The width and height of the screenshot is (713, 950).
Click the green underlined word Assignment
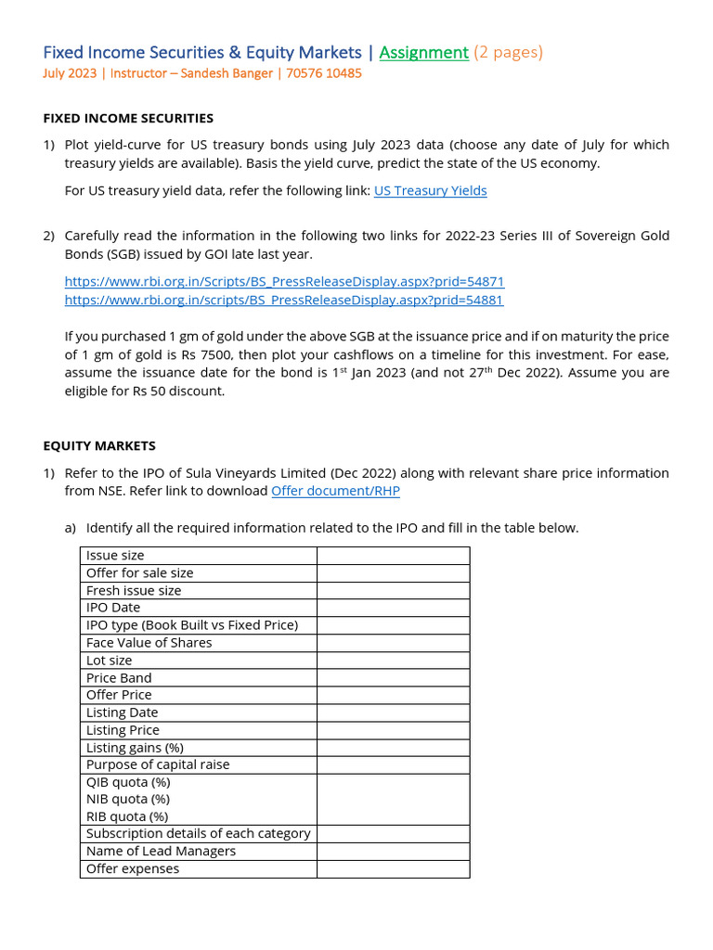pos(423,53)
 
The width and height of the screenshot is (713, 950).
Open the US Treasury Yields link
pos(430,190)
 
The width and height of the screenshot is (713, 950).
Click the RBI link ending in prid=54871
pos(284,281)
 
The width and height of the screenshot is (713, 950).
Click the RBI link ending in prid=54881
pos(284,300)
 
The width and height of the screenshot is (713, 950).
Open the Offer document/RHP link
pos(335,491)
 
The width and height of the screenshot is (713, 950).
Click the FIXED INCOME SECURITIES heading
pos(128,118)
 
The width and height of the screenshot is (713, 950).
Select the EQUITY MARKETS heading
pos(99,445)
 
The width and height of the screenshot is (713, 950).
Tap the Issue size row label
pos(115,555)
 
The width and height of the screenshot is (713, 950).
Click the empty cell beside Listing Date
pos(393,712)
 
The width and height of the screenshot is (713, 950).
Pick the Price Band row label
pos(120,677)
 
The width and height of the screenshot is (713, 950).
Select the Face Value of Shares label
pos(149,642)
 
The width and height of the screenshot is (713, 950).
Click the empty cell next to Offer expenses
pos(393,869)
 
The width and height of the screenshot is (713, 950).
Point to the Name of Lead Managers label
pos(161,851)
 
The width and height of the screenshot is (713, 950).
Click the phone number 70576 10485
pos(323,73)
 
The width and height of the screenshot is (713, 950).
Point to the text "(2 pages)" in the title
pos(508,53)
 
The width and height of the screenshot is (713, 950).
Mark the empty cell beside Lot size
pos(393,661)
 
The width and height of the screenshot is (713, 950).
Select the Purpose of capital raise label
pos(158,764)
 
